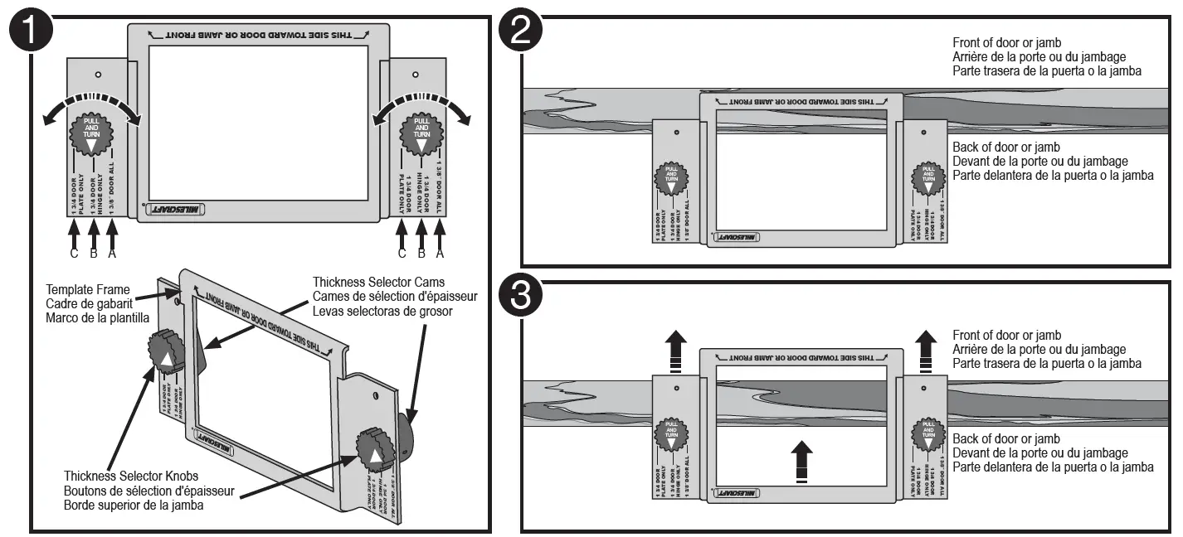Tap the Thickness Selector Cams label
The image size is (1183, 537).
[x=379, y=283]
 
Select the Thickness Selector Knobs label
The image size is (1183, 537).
[x=131, y=477]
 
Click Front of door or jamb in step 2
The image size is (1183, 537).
[x=1006, y=42]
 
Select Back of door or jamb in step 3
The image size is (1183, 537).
[x=1005, y=439]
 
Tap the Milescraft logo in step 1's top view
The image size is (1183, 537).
[x=176, y=210]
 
